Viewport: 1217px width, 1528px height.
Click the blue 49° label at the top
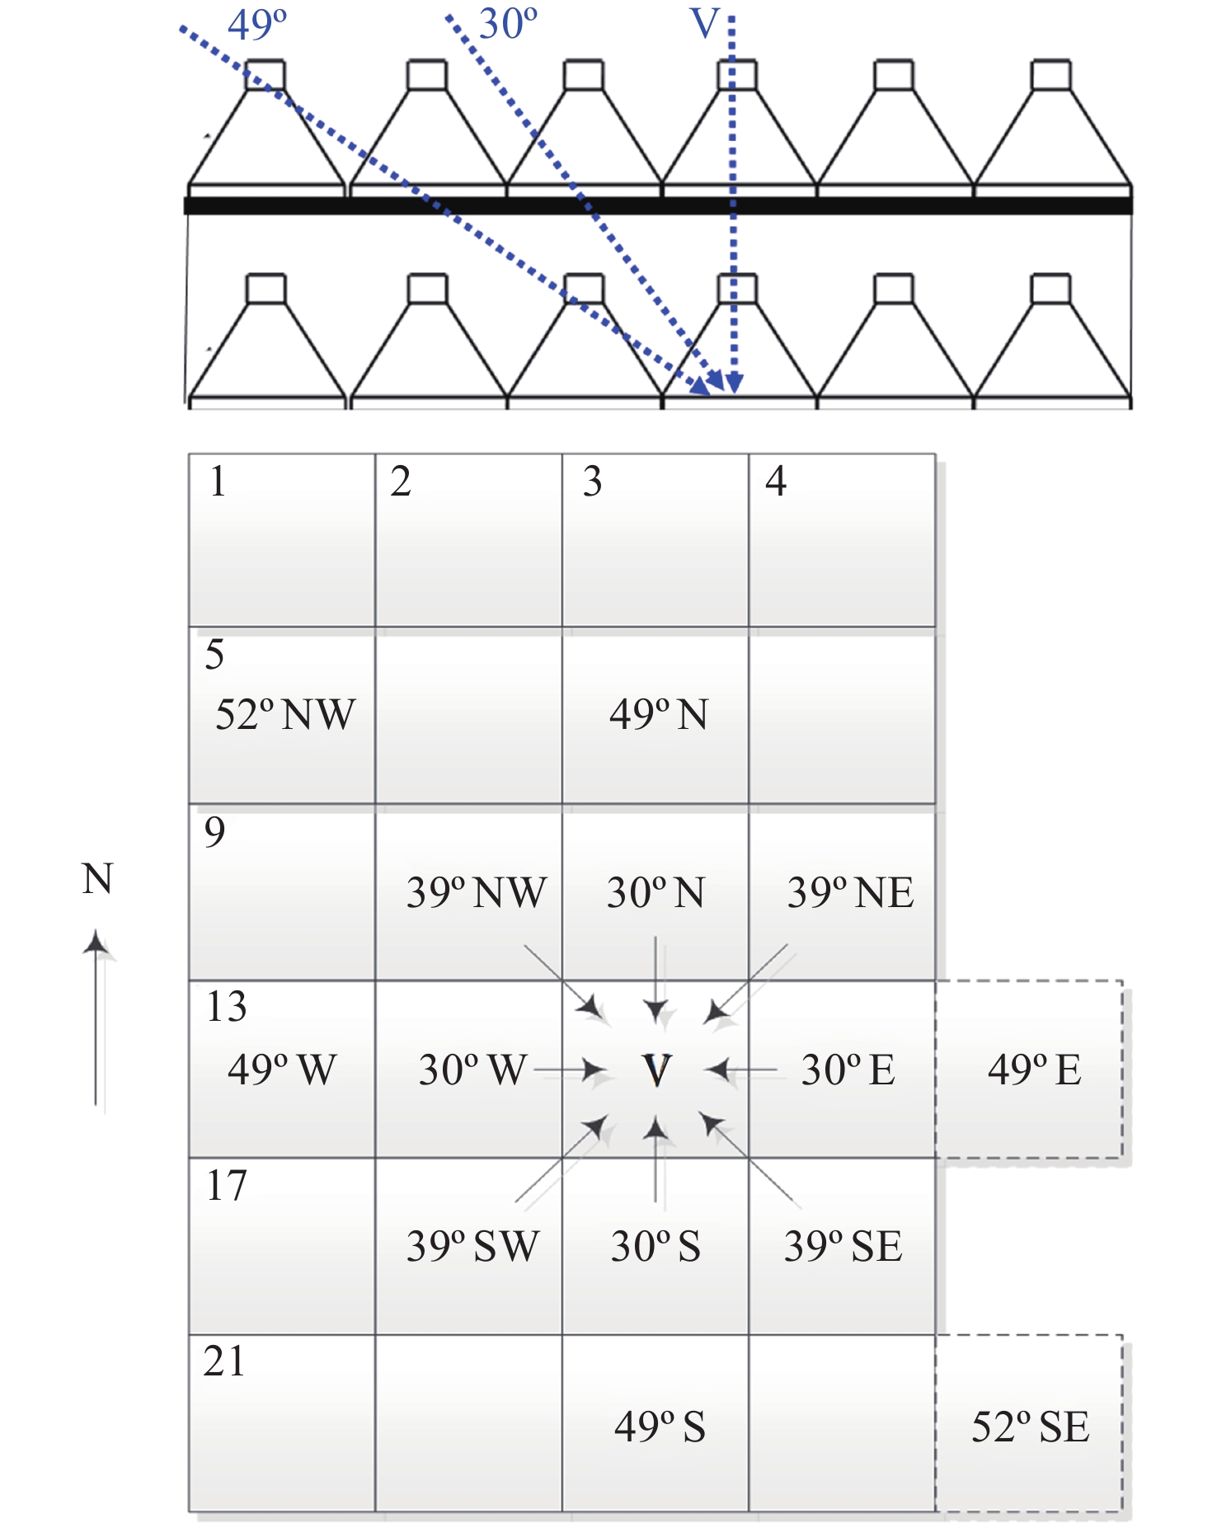click(257, 25)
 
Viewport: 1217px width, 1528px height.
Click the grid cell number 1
click(218, 482)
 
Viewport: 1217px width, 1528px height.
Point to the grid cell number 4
click(776, 482)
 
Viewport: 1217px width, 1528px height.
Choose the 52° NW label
click(284, 714)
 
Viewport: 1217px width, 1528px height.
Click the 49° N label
click(658, 714)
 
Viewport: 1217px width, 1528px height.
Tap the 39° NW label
click(476, 892)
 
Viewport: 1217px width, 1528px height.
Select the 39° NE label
click(850, 892)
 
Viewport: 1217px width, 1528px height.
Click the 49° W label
click(282, 1070)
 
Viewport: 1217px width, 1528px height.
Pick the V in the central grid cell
click(656, 1070)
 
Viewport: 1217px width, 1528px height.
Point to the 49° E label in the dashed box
click(1034, 1070)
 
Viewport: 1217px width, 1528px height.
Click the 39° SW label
click(472, 1246)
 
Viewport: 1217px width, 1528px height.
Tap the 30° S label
click(655, 1246)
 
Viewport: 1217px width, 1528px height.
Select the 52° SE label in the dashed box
click(1030, 1427)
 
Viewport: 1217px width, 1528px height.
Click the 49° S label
click(660, 1427)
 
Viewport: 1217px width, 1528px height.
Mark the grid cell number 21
click(224, 1361)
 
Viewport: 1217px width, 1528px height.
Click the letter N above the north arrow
click(97, 879)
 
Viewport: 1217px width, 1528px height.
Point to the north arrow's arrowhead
click(96, 943)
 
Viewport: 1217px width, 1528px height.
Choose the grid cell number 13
click(226, 1007)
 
